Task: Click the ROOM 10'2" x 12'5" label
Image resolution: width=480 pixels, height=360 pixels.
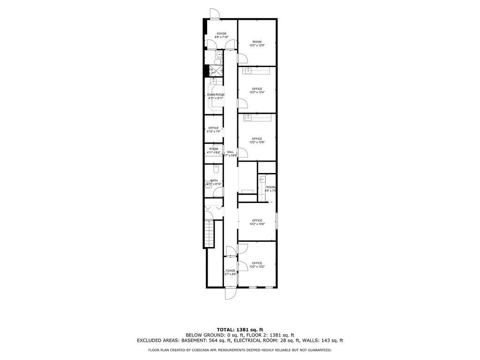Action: click(x=256, y=43)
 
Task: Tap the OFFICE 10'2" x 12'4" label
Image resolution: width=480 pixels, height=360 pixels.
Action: click(x=256, y=90)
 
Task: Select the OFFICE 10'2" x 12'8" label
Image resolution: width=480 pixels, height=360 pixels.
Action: click(x=256, y=140)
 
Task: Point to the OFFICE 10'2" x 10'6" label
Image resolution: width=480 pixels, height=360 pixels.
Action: click(x=256, y=222)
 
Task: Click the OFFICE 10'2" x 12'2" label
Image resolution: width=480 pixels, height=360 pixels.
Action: click(x=256, y=265)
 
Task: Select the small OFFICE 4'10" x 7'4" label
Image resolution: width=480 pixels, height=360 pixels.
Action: click(x=213, y=130)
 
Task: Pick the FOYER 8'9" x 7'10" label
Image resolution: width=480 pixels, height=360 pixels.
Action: click(x=220, y=35)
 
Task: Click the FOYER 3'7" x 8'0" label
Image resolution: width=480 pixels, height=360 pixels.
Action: click(x=230, y=272)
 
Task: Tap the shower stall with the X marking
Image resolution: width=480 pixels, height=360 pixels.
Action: click(x=218, y=71)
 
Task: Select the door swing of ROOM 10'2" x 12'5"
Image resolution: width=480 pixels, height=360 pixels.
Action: click(x=243, y=58)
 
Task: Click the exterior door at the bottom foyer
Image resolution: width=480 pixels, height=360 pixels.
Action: click(x=231, y=293)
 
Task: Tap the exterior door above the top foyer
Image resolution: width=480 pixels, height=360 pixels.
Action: click(x=214, y=14)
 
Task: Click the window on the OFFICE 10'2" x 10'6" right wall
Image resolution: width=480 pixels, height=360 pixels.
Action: click(x=276, y=221)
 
